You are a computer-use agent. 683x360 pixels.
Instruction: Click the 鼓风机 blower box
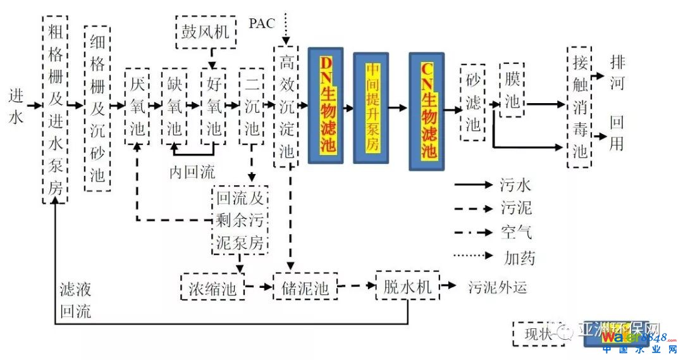(x=206, y=31)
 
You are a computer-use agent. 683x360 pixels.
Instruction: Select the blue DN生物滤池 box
(x=326, y=105)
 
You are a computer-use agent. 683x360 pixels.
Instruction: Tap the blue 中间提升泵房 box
(x=371, y=108)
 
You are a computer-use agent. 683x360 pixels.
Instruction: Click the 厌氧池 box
(x=137, y=106)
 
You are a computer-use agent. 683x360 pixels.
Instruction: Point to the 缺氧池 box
(x=174, y=106)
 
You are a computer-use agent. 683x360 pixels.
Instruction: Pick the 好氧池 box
(x=214, y=106)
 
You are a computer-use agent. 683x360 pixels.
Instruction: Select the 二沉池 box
(x=251, y=106)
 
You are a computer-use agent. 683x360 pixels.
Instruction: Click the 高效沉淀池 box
(x=286, y=106)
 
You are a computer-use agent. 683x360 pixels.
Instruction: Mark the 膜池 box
(x=512, y=90)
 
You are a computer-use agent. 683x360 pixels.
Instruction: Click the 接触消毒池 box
(x=579, y=106)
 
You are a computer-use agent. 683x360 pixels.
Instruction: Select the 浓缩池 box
(x=212, y=289)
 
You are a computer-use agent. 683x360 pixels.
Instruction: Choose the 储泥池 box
(x=305, y=289)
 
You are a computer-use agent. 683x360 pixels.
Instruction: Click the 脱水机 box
(x=407, y=287)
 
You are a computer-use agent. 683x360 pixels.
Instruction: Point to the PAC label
(x=261, y=24)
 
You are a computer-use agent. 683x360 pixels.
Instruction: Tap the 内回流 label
(x=192, y=171)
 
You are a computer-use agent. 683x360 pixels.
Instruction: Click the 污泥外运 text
(x=497, y=288)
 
